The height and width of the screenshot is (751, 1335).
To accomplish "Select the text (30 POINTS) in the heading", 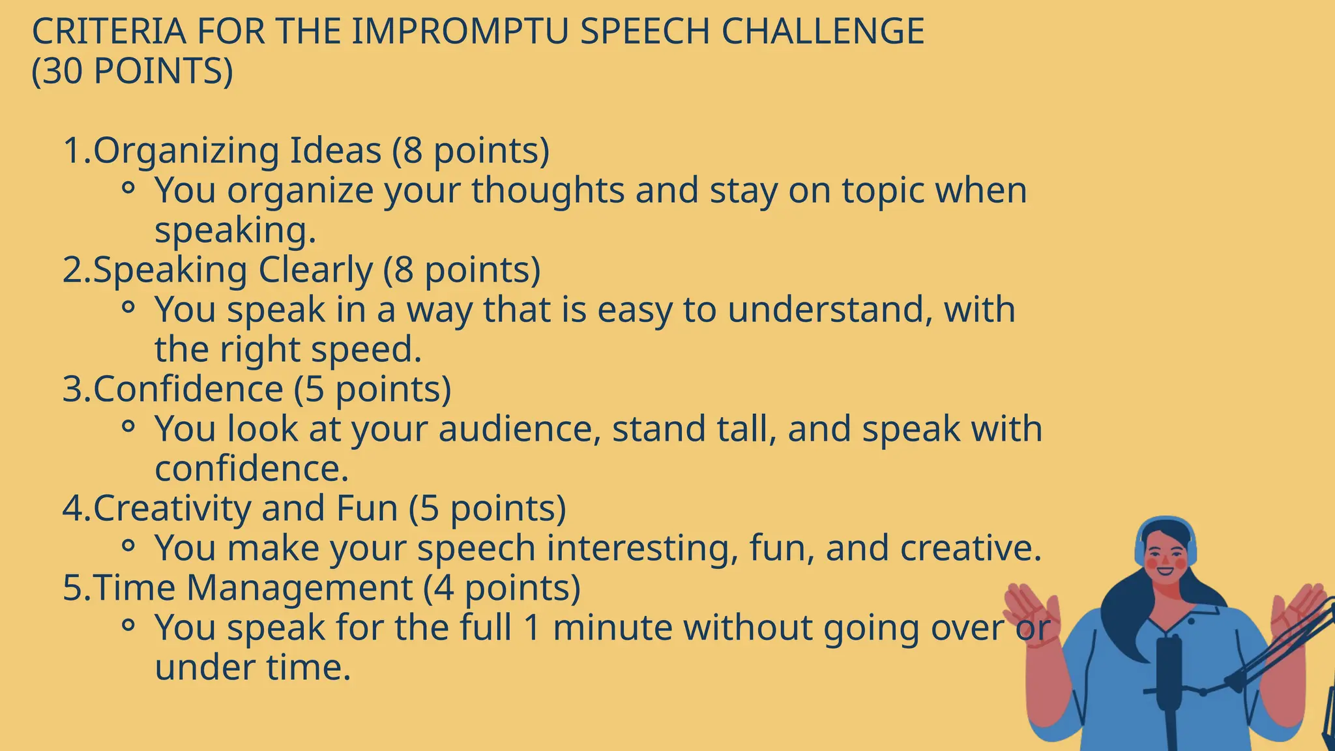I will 132,71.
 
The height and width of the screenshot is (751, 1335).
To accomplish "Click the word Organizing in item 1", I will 186,151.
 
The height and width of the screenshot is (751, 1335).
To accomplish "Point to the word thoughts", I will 548,190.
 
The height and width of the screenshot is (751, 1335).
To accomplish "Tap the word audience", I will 519,429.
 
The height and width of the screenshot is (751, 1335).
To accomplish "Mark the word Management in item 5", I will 299,588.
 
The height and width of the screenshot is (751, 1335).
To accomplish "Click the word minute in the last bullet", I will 612,628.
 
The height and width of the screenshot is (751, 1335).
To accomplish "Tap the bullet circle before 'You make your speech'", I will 128,546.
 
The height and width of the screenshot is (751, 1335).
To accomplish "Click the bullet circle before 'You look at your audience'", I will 128,426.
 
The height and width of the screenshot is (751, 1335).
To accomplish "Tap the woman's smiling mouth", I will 1165,572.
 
